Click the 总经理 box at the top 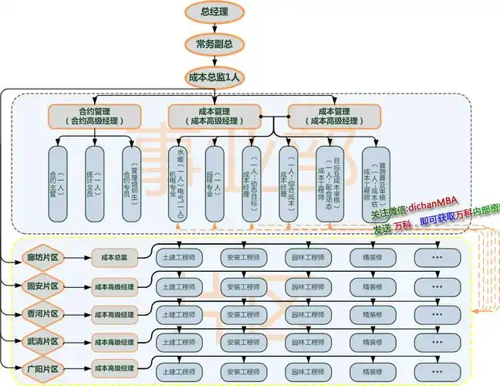[x=215, y=11]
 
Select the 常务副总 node [x=215, y=43]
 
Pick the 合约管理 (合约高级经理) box [x=94, y=116]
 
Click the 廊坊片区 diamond [x=42, y=256]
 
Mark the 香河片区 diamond [x=42, y=314]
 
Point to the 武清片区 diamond [x=42, y=340]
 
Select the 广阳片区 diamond [x=42, y=367]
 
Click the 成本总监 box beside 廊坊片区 [x=113, y=256]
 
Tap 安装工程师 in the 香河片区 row [x=243, y=314]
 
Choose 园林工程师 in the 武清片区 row [x=307, y=340]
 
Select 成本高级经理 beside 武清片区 [x=113, y=340]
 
